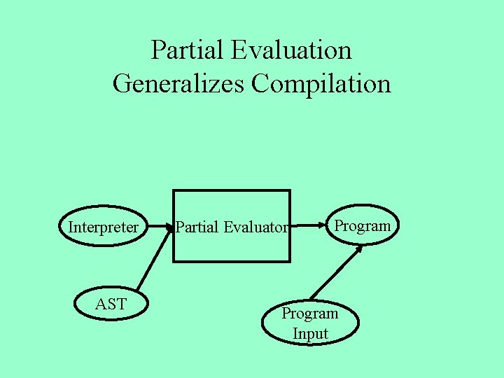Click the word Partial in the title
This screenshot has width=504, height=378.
183,50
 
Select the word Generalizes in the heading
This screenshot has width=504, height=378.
178,84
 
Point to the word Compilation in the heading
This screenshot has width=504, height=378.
321,84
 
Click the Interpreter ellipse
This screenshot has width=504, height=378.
103,227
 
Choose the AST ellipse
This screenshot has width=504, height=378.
110,304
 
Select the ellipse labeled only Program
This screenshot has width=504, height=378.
362,225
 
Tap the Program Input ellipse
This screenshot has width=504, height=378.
309,323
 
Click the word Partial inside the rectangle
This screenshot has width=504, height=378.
197,227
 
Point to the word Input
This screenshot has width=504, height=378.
310,334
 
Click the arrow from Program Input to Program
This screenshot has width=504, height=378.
336,273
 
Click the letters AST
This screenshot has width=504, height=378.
110,304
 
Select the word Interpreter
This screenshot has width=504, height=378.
103,227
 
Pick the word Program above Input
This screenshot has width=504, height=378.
309,314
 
